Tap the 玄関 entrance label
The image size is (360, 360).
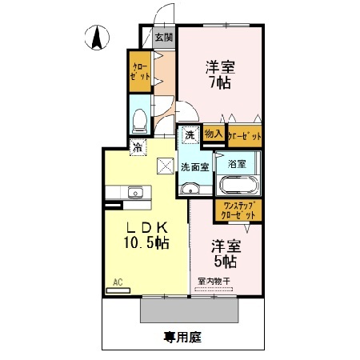pyautogui.click(x=163, y=37)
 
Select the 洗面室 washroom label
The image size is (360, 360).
pyautogui.click(x=194, y=167)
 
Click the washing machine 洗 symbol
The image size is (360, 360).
pyautogui.click(x=190, y=135)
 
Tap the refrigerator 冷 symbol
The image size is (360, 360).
pyautogui.click(x=138, y=146)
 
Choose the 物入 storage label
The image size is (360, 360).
pyautogui.click(x=213, y=135)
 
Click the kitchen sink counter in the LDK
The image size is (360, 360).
pyautogui.click(x=134, y=192)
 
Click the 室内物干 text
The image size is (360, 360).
pyautogui.click(x=214, y=281)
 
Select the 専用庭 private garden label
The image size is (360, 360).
pyautogui.click(x=183, y=338)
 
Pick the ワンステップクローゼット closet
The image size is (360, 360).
pyautogui.click(x=237, y=211)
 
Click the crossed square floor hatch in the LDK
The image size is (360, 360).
pyautogui.click(x=166, y=165)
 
